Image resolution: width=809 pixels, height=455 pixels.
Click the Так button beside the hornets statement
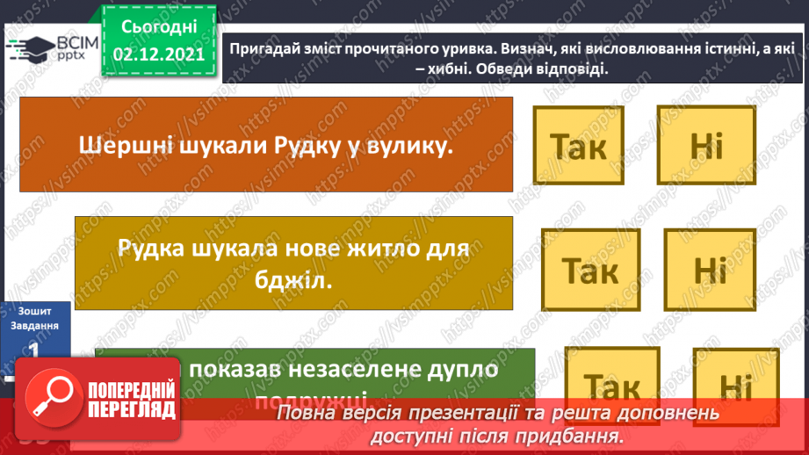click(x=580, y=146)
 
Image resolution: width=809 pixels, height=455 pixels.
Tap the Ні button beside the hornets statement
click(x=705, y=146)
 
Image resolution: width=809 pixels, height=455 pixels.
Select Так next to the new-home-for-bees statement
click(x=589, y=270)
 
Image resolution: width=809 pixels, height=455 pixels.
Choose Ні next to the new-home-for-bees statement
click(x=710, y=270)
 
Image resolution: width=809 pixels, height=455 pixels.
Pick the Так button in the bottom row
click(x=612, y=387)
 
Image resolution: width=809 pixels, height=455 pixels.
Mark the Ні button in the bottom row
click(x=731, y=387)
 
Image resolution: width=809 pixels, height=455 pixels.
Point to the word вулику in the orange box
click(x=408, y=145)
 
